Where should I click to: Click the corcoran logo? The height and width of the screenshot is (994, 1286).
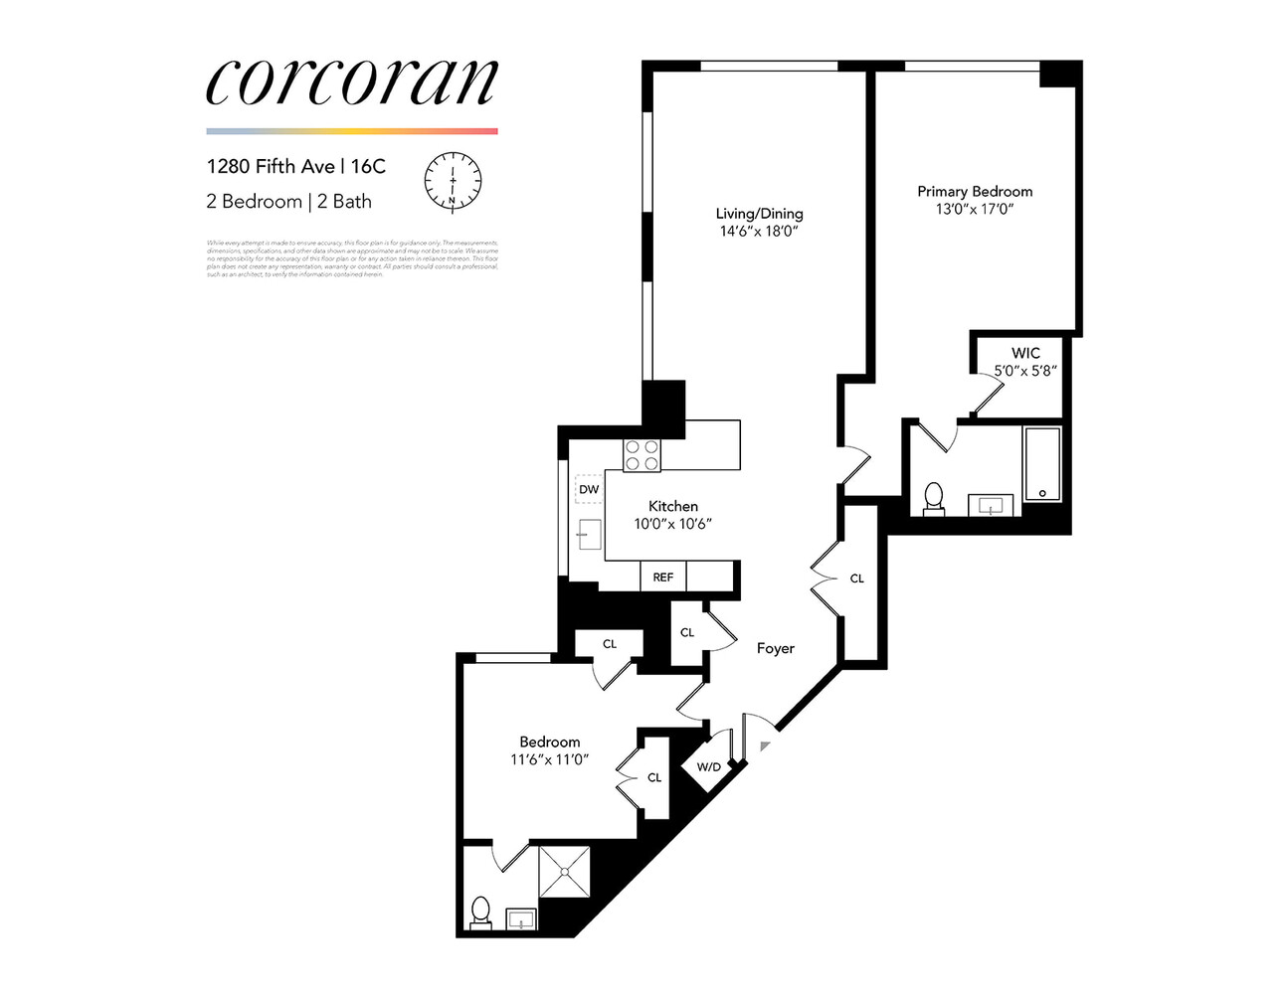351,82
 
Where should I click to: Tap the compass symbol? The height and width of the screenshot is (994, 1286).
453,182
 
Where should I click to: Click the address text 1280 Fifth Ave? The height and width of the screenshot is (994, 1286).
271,166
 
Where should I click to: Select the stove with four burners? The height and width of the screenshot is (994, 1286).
642,455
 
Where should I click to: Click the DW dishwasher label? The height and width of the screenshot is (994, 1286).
589,489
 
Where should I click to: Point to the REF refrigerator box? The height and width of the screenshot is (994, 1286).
662,577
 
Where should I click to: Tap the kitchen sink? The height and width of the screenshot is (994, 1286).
589,535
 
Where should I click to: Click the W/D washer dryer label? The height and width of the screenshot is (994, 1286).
708,766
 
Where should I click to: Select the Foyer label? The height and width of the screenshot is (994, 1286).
775,648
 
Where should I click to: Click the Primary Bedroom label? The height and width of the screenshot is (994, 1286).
975,191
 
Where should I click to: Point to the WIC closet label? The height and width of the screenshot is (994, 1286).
1025,353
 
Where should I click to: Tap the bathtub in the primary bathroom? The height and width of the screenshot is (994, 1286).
1041,464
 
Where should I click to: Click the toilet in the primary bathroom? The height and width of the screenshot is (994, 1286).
933,497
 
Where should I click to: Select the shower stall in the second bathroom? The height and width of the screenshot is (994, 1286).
564,872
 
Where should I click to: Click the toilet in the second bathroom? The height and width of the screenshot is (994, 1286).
480,911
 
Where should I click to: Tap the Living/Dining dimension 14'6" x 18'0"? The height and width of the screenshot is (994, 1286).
760,231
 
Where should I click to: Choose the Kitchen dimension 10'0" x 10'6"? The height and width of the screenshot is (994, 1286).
673,524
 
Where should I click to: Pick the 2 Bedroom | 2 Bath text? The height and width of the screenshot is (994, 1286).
288,201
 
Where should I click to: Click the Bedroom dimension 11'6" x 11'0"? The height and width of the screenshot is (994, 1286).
550,759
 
